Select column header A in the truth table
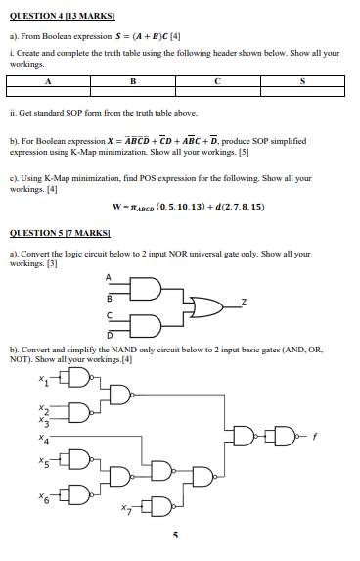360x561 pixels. pos(47,81)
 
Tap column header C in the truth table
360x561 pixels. pos(220,81)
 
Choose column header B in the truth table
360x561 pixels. pos(133,81)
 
